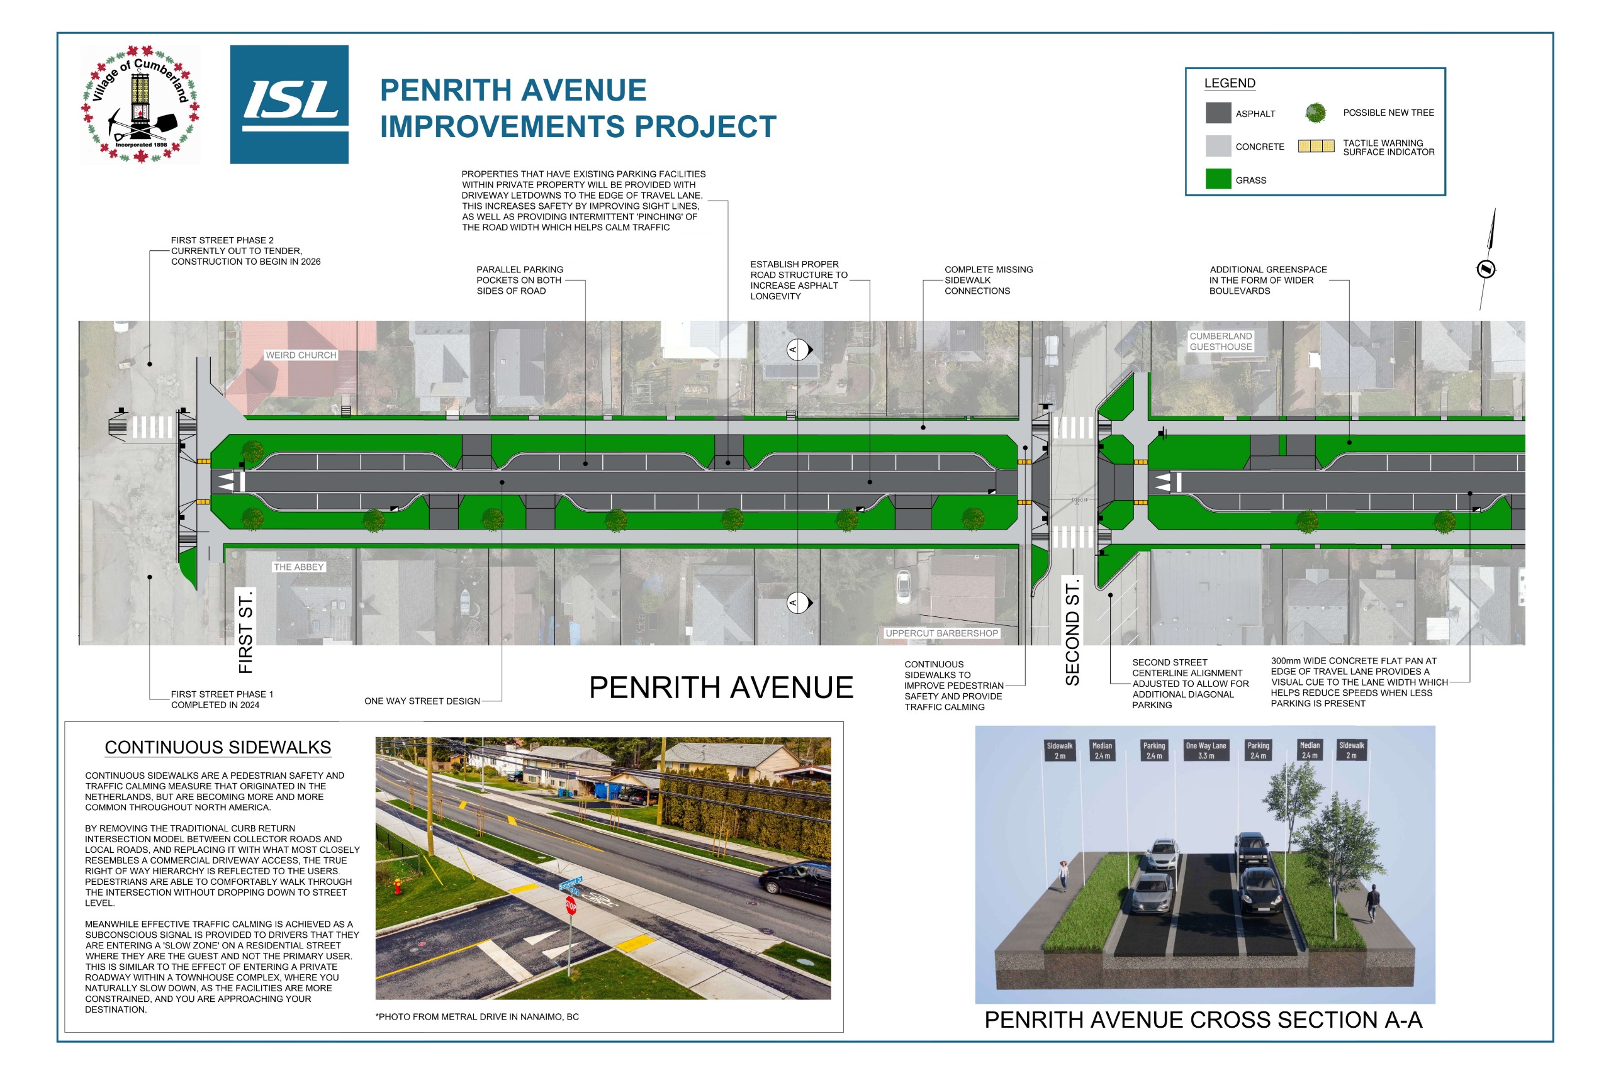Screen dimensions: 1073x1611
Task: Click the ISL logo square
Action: (x=289, y=104)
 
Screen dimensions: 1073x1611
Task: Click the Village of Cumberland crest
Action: (x=140, y=104)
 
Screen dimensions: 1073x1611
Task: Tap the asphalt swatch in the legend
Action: (x=1217, y=113)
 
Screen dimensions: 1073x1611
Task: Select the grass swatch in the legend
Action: (x=1217, y=179)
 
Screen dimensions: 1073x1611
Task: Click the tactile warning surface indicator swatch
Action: (x=1315, y=146)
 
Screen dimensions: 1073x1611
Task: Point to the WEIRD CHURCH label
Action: (x=301, y=355)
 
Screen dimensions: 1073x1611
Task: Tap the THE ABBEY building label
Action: (x=298, y=567)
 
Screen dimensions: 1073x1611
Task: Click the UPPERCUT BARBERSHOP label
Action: (x=941, y=633)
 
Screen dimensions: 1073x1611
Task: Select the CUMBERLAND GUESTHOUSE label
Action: (x=1220, y=341)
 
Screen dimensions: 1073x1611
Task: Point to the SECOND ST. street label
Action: (x=1072, y=631)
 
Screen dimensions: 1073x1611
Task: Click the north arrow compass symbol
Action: (x=1485, y=268)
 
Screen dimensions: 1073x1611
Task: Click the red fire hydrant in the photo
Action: (x=396, y=887)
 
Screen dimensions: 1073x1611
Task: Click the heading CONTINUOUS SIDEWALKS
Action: (x=218, y=747)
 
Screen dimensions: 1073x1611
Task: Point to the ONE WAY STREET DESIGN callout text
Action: (x=422, y=701)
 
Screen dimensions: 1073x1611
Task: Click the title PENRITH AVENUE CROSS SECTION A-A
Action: (x=1203, y=1020)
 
